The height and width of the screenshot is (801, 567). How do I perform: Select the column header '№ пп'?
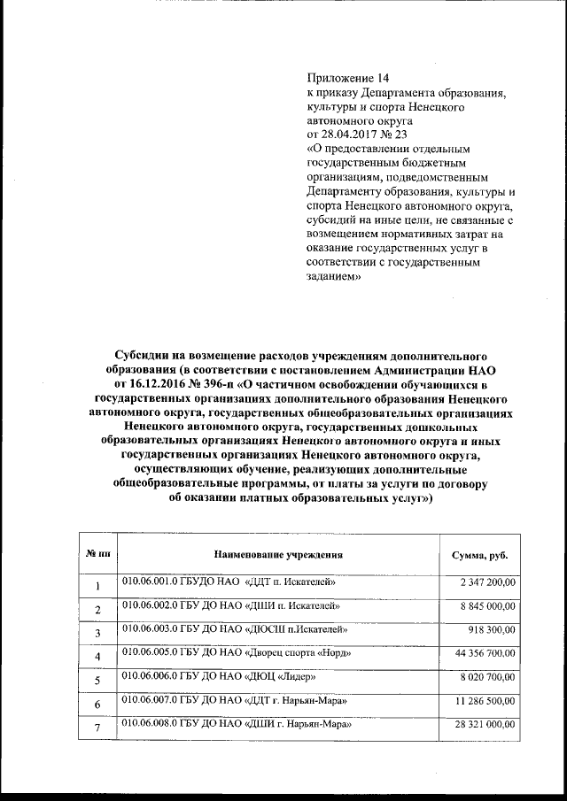tap(97, 554)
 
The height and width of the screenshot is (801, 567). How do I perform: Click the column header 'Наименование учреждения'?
tap(277, 554)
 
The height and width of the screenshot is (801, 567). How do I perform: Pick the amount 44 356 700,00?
tap(485, 653)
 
